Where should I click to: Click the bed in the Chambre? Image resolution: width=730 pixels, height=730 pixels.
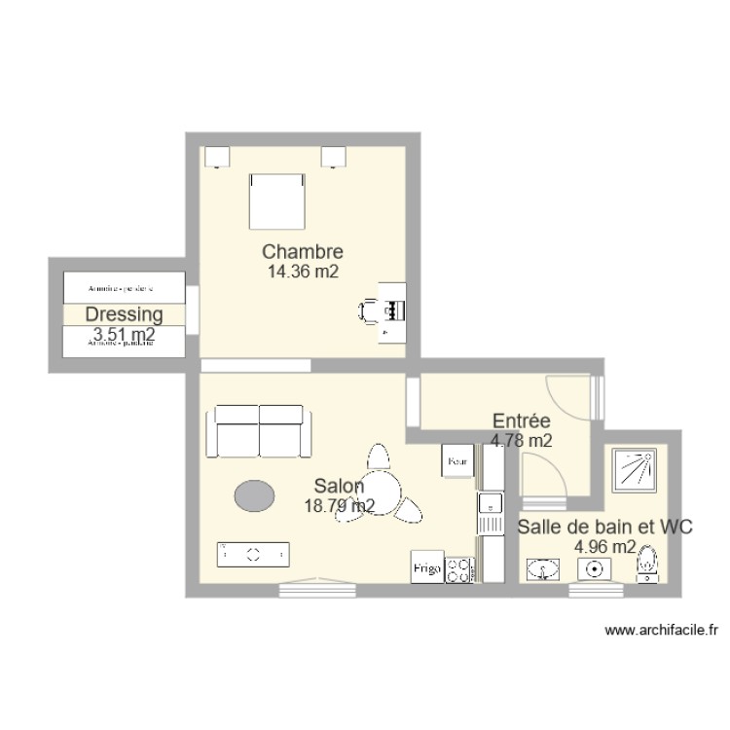tap(277, 201)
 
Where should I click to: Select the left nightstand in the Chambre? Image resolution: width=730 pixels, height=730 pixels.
tap(216, 156)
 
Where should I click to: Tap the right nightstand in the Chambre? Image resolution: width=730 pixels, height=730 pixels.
tap(336, 156)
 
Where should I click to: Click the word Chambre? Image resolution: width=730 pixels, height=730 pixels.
tap(303, 253)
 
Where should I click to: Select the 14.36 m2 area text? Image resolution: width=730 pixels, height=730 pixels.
tap(303, 273)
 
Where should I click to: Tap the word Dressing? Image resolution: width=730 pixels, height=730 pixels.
tap(123, 314)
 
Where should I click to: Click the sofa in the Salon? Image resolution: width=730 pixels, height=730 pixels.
tap(260, 432)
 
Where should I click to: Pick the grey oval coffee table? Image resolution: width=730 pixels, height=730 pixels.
tap(253, 496)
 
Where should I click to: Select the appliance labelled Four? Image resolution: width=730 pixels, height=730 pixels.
tap(457, 461)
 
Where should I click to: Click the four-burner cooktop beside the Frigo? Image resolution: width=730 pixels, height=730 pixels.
tap(459, 568)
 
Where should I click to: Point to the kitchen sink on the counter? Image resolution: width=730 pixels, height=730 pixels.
tap(490, 504)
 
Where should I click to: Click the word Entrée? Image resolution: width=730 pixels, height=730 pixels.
tap(522, 420)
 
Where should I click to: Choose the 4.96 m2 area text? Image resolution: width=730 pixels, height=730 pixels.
tap(605, 546)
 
